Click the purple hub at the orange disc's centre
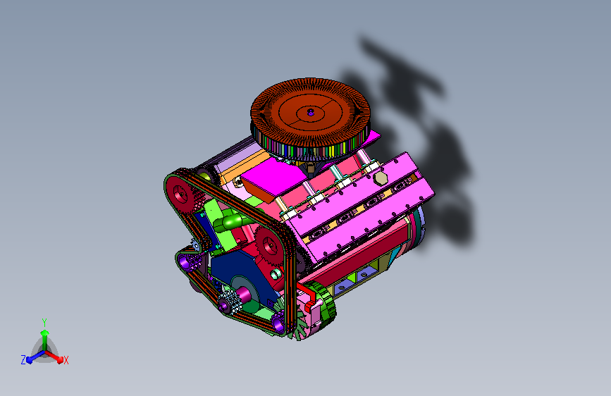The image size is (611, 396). tap(311, 112)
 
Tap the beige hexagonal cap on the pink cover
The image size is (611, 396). tap(381, 178)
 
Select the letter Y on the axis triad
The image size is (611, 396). tap(44, 323)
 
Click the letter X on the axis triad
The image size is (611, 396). tap(66, 360)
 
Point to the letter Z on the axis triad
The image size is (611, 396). tap(23, 360)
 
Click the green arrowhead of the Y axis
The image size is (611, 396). tap(44, 333)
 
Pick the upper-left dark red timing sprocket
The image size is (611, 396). tap(180, 194)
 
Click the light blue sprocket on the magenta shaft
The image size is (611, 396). tap(229, 302)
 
